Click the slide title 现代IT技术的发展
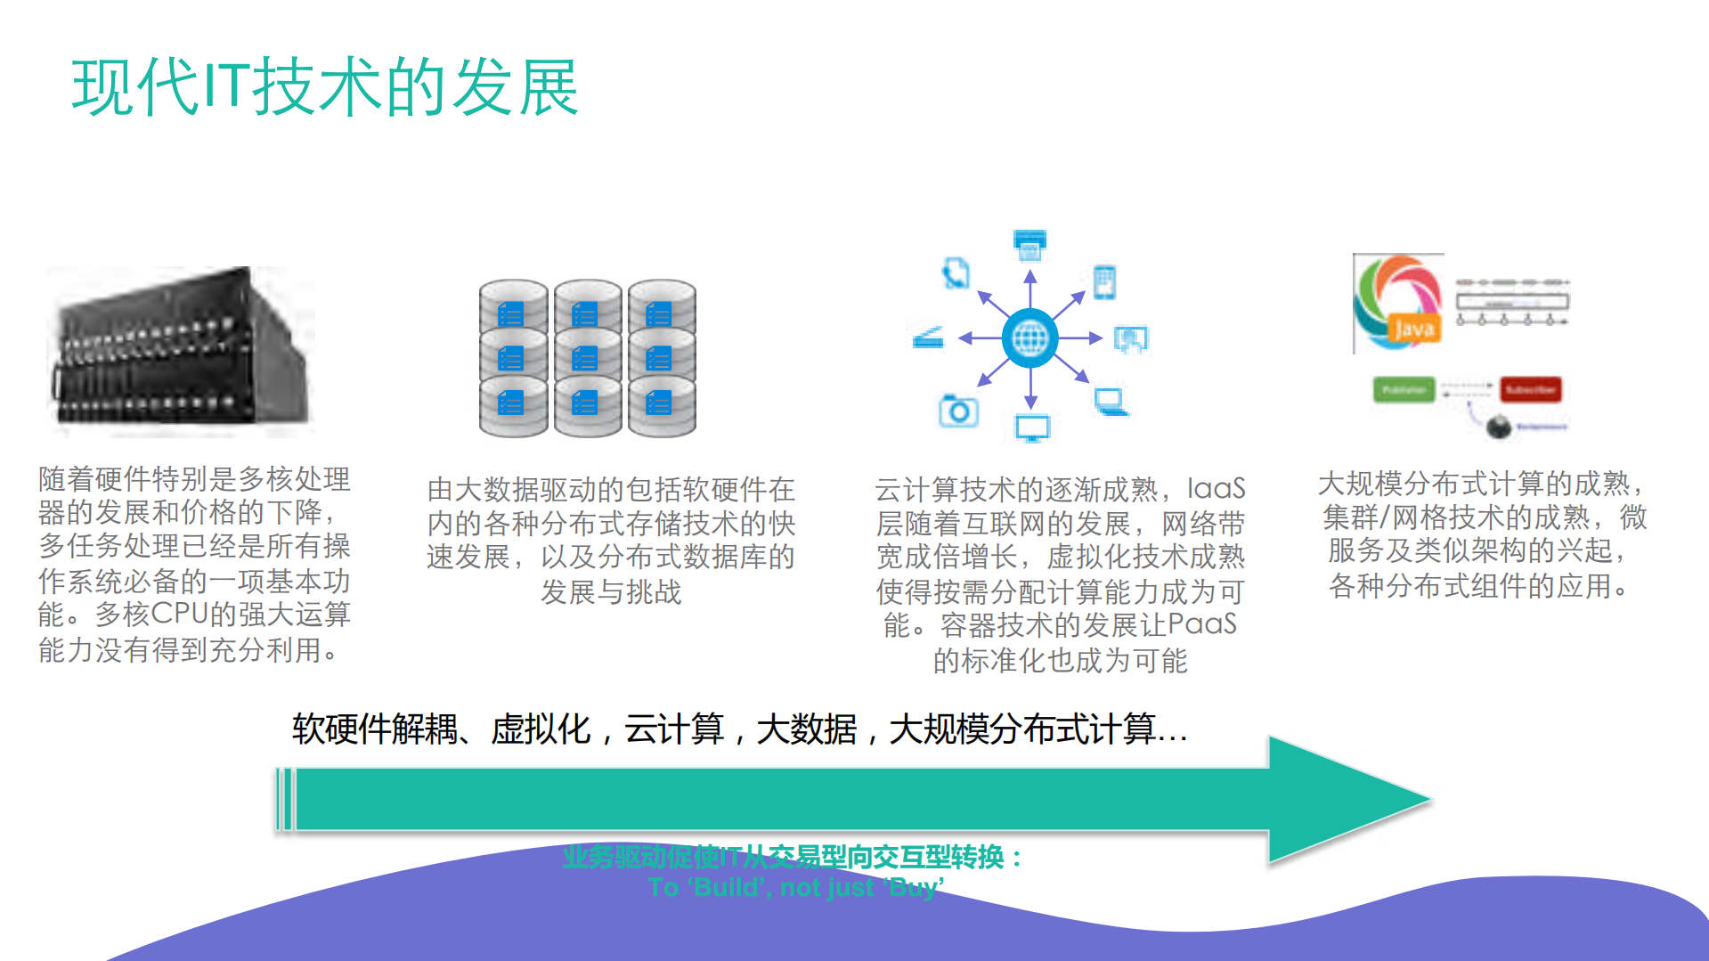click(x=325, y=87)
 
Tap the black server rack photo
click(x=181, y=350)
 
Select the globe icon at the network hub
click(x=1029, y=338)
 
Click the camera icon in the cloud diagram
click(x=958, y=411)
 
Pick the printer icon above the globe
click(x=1029, y=245)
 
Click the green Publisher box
click(x=1404, y=390)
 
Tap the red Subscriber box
click(x=1530, y=390)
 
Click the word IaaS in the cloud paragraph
click(x=1216, y=489)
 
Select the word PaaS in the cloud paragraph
click(x=1201, y=624)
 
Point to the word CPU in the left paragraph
click(x=179, y=615)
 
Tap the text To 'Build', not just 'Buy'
click(x=795, y=887)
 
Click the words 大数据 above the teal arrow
click(x=806, y=729)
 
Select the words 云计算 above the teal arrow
click(x=673, y=729)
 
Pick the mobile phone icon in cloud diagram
click(x=1104, y=282)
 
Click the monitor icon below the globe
click(x=1032, y=428)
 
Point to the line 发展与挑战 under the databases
click(x=611, y=592)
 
